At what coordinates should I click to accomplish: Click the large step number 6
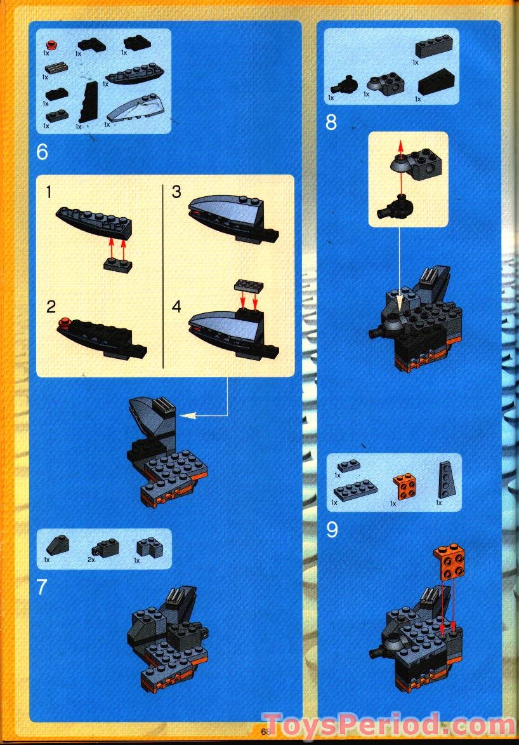43,152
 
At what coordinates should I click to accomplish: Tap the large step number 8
331,122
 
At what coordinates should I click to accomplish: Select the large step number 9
332,530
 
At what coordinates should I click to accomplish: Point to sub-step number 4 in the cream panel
176,307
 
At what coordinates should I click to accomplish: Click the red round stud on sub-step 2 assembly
63,324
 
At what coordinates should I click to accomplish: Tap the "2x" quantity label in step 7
93,560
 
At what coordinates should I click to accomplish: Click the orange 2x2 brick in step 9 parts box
402,488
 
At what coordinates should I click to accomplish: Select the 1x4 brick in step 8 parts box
434,48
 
